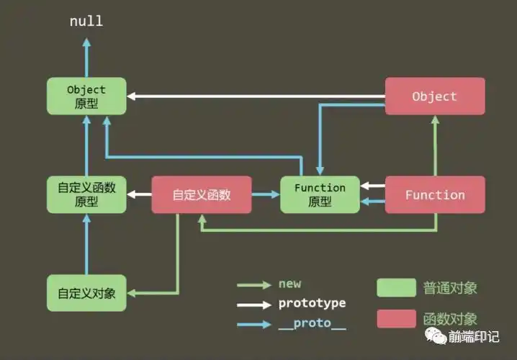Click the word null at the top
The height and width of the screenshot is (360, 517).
pyautogui.click(x=86, y=21)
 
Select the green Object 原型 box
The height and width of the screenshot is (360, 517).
pyautogui.click(x=86, y=96)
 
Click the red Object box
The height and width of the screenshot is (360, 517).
pyautogui.click(x=434, y=96)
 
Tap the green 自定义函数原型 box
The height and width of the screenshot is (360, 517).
pyautogui.click(x=86, y=194)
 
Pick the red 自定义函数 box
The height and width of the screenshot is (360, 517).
pyautogui.click(x=202, y=194)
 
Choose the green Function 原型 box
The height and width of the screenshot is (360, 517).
pyautogui.click(x=320, y=194)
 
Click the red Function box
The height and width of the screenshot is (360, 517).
pyautogui.click(x=435, y=194)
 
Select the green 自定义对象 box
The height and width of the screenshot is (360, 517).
pyautogui.click(x=86, y=293)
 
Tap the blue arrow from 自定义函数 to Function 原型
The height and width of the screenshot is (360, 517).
pyautogui.click(x=266, y=194)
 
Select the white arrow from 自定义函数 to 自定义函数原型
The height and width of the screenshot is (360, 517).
pyautogui.click(x=140, y=194)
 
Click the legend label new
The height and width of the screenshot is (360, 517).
pyautogui.click(x=289, y=284)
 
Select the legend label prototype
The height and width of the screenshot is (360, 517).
pyautogui.click(x=312, y=303)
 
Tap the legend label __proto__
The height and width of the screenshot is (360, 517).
pyautogui.click(x=312, y=325)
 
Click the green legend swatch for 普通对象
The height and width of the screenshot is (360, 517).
pyautogui.click(x=396, y=288)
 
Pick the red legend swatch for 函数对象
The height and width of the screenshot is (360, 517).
pyautogui.click(x=396, y=318)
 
